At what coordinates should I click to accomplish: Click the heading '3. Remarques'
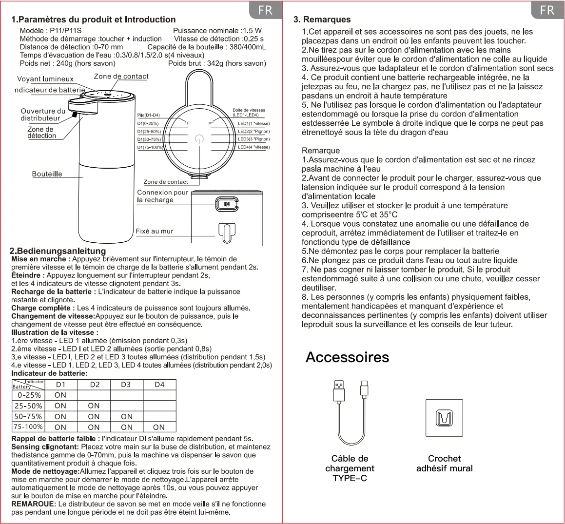(322, 19)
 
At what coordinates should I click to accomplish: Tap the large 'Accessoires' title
(347, 357)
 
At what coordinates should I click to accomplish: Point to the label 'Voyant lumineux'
(45, 79)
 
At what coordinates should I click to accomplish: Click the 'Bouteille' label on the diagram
(47, 174)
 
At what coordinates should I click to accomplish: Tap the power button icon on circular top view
(198, 139)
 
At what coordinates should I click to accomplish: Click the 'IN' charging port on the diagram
(227, 204)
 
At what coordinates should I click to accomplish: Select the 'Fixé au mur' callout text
(155, 231)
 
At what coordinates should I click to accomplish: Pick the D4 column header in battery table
(159, 385)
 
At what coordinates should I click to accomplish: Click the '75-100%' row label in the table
(28, 427)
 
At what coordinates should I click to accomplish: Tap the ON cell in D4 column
(159, 427)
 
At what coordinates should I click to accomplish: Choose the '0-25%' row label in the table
(29, 395)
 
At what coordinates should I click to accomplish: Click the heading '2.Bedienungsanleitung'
(58, 251)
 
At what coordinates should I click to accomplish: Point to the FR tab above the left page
(265, 10)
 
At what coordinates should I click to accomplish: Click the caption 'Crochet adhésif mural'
(444, 464)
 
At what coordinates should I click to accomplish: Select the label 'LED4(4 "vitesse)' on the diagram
(253, 147)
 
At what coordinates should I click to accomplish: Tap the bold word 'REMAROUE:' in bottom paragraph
(34, 504)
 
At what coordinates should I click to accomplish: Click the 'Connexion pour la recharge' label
(162, 196)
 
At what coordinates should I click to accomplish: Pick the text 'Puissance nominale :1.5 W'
(217, 31)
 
